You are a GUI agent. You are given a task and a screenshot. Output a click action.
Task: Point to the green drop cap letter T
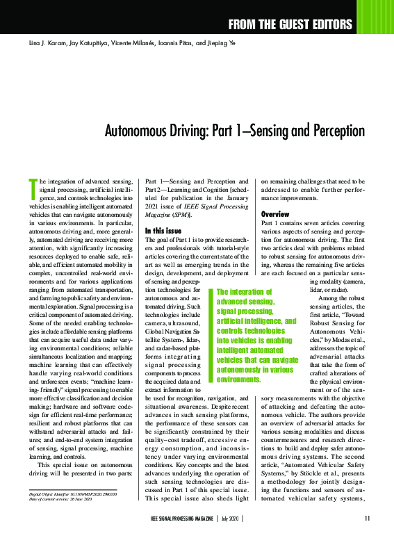[32, 187]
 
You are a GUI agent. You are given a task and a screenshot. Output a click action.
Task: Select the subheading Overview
[274, 213]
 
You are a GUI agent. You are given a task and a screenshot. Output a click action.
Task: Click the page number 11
[367, 518]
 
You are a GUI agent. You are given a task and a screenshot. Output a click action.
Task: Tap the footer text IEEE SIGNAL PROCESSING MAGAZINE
[182, 518]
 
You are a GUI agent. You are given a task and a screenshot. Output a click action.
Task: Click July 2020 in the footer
[231, 518]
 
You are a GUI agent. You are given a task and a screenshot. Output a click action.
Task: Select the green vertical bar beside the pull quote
[212, 336]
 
